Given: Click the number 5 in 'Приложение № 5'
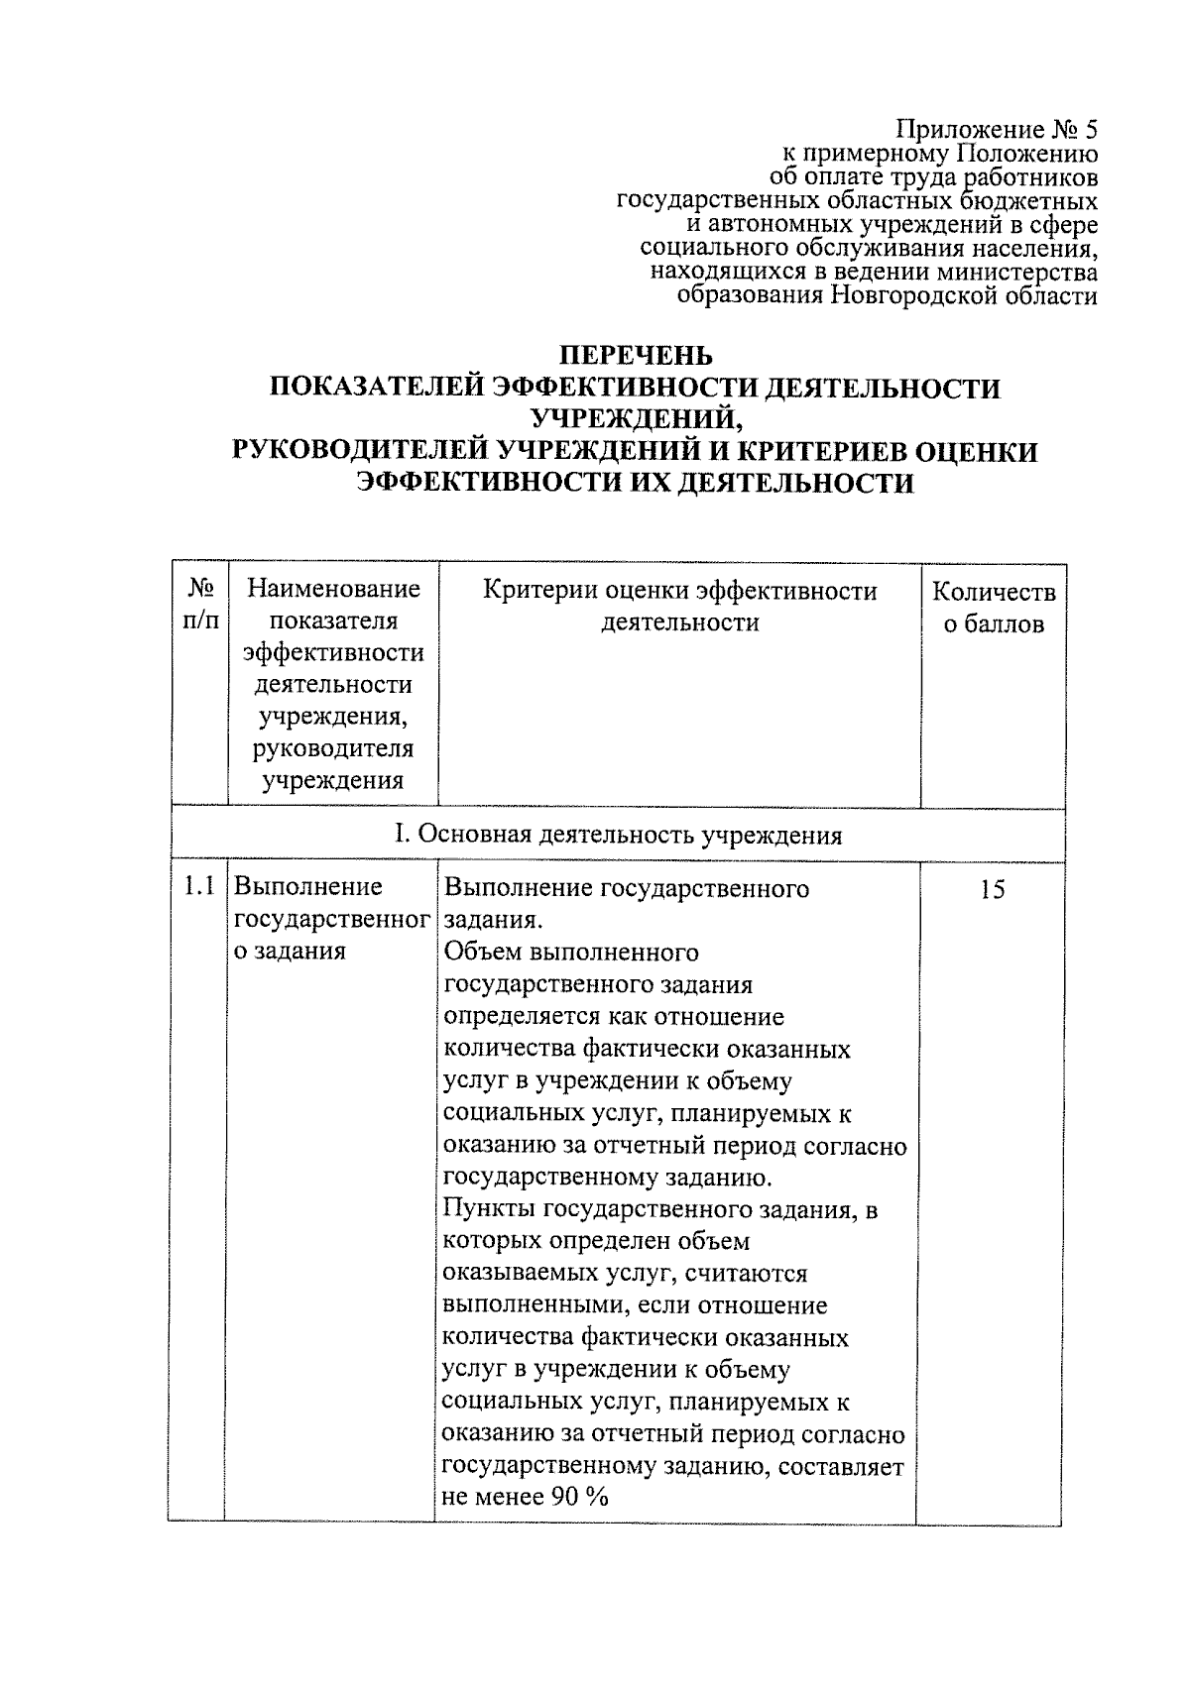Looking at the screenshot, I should tap(1090, 130).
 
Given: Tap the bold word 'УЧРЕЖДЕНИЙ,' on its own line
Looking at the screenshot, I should tap(636, 419).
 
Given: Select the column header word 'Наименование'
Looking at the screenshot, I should tap(334, 590).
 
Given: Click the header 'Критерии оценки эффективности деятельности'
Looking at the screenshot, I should tap(679, 606).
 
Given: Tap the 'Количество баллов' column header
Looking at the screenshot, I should tap(994, 608).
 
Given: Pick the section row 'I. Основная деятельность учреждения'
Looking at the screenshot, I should tap(618, 835).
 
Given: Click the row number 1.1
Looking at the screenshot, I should tap(199, 887).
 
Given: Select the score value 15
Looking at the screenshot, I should tap(992, 890).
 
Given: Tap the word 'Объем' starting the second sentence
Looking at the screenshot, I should tap(484, 953).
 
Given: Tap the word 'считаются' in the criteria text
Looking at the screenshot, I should tap(752, 1273).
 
